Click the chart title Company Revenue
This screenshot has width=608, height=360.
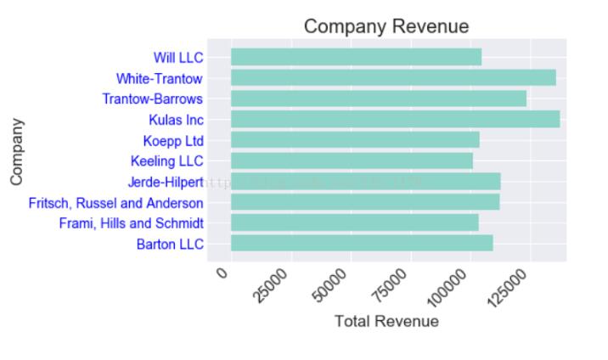(x=386, y=26)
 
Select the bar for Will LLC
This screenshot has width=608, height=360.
(x=356, y=57)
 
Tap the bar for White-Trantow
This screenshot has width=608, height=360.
(x=393, y=78)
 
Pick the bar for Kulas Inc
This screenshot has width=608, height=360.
(x=395, y=119)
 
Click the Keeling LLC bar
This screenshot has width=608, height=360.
(x=352, y=160)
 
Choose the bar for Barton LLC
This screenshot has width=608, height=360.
(x=362, y=243)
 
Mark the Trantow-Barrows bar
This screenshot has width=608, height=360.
(x=378, y=98)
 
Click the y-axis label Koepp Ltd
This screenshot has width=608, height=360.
(x=173, y=140)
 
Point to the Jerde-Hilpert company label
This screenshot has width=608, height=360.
(x=166, y=182)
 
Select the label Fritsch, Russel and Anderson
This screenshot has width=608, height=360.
(x=115, y=203)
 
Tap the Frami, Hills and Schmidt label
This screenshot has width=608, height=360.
(x=131, y=223)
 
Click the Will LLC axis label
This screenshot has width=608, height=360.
(x=177, y=58)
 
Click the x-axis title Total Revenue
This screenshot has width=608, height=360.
(x=386, y=322)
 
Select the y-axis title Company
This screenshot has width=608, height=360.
(x=16, y=152)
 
